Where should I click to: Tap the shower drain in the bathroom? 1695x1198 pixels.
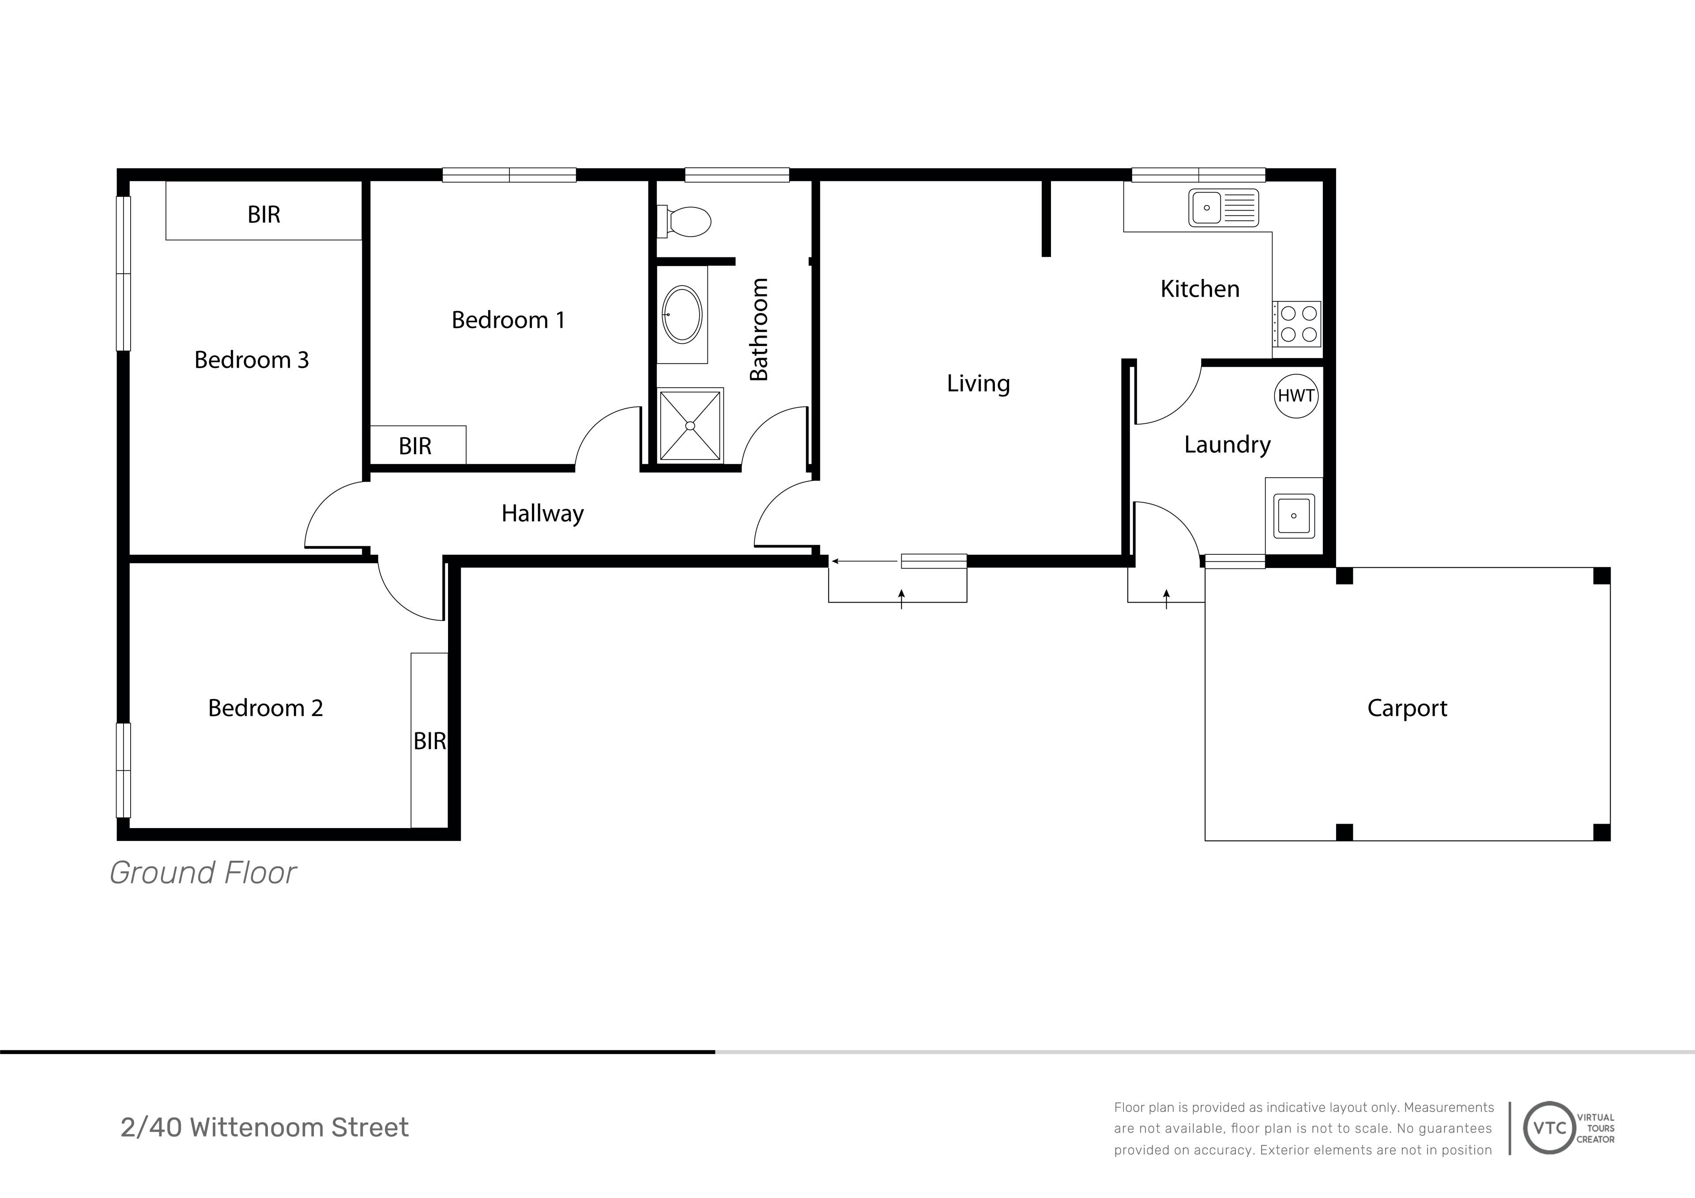point(690,426)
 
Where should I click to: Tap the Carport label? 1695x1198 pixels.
point(1407,708)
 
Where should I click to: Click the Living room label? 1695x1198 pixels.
point(978,384)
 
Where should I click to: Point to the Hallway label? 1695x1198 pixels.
point(542,514)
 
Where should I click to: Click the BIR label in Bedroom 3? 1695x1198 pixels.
point(264,215)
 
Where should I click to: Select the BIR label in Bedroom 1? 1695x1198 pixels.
point(415,447)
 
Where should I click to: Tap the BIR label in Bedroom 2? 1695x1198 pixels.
point(429,741)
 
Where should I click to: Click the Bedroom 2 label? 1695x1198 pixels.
point(266,708)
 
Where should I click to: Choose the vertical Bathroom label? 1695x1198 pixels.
point(759,329)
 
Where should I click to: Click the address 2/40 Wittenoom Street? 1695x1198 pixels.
point(264,1128)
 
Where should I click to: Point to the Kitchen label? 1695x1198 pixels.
point(1200,290)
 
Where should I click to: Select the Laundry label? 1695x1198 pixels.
point(1228,445)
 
